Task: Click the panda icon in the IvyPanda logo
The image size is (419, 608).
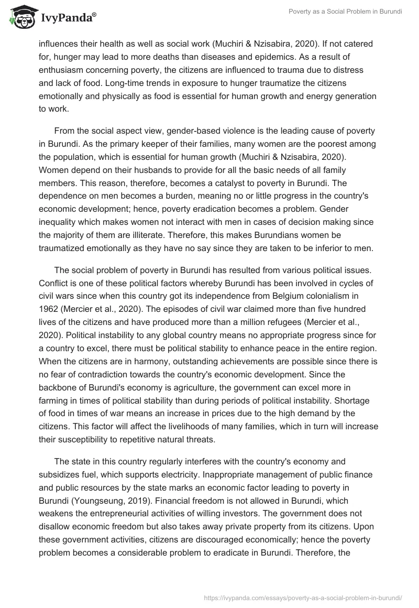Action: click(20, 18)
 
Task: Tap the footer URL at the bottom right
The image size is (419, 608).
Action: click(302, 597)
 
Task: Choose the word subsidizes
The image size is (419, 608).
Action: click(63, 474)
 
